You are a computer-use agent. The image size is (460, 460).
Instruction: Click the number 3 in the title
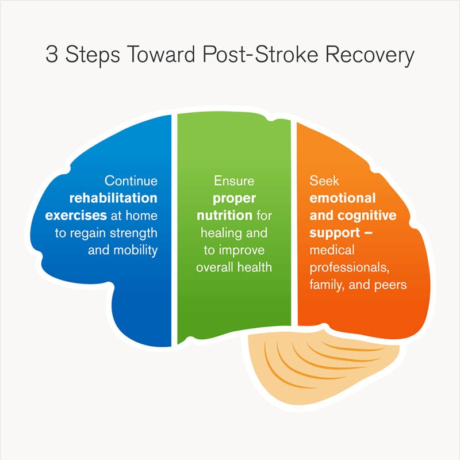[52, 56]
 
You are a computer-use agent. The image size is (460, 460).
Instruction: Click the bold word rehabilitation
[113, 198]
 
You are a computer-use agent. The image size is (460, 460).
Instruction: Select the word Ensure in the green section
[233, 181]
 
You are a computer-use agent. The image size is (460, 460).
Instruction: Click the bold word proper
[233, 198]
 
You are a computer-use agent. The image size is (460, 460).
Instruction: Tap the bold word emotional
[342, 198]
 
